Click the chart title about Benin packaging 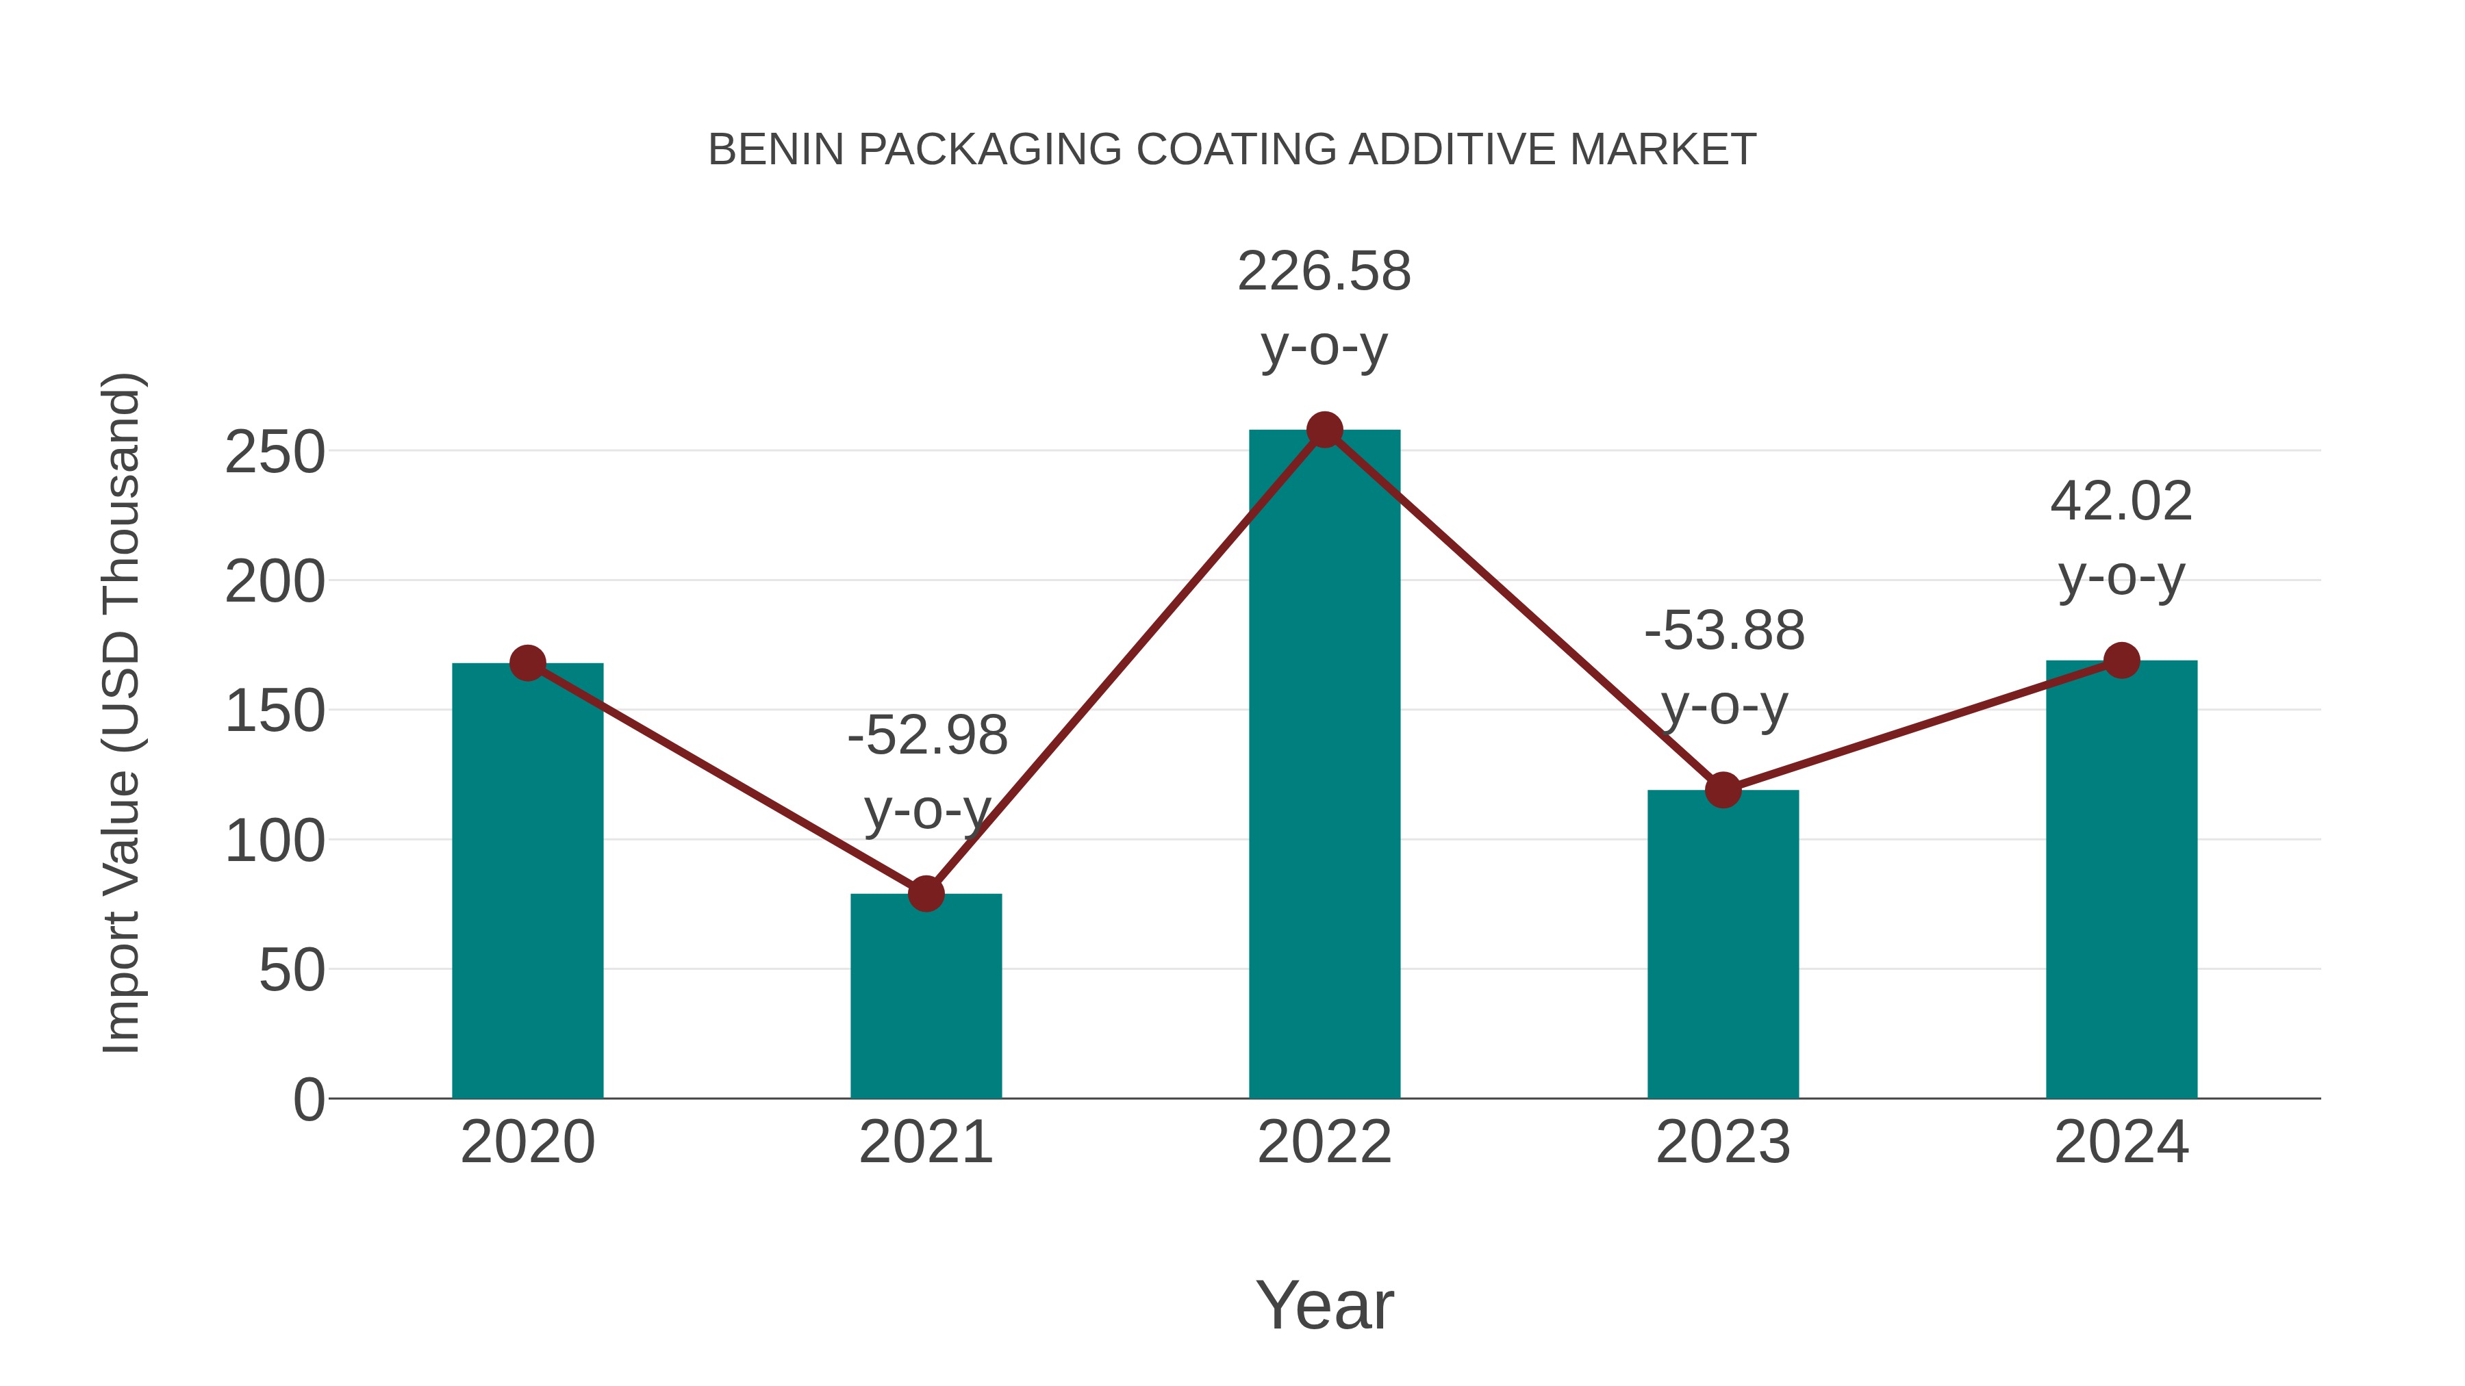coord(1232,150)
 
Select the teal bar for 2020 coord(527,880)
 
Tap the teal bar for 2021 coord(925,994)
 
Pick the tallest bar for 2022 coord(1324,765)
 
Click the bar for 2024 coord(2121,880)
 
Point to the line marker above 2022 coord(1324,431)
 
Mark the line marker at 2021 coord(925,893)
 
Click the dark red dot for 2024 coord(2121,660)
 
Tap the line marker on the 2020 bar coord(527,662)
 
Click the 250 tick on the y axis coord(275,452)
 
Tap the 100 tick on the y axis coord(275,842)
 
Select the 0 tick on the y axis coord(308,1100)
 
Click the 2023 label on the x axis coord(1723,1142)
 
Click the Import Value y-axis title coord(123,713)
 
